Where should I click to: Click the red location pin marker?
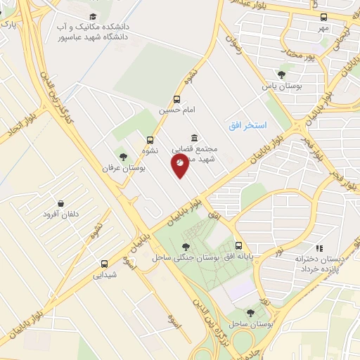click(x=180, y=163)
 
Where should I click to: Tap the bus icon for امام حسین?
click(x=176, y=99)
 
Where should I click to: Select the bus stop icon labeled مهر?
click(x=323, y=17)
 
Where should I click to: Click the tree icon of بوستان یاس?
click(x=281, y=75)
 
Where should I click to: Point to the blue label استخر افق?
click(x=247, y=125)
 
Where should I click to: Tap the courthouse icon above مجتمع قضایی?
click(x=194, y=138)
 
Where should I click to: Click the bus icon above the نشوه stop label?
click(x=150, y=140)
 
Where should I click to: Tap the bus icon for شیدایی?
click(x=105, y=264)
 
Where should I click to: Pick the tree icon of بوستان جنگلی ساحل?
click(x=185, y=246)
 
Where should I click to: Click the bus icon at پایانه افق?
click(x=239, y=246)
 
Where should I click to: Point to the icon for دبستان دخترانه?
click(x=319, y=247)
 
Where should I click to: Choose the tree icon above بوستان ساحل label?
click(x=250, y=313)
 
